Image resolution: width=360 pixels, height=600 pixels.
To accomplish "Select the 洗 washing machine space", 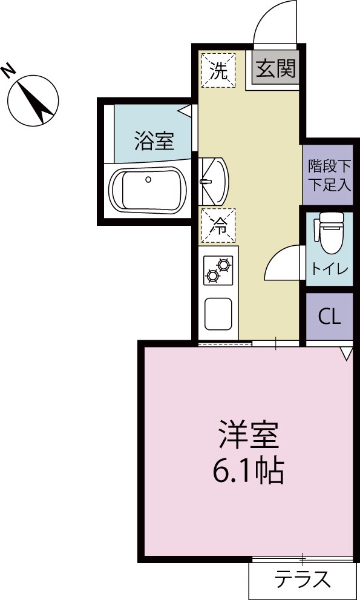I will point(218,71).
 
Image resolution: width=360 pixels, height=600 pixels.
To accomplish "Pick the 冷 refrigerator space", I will point(218,226).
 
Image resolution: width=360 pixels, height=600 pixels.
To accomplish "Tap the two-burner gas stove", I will point(218,270).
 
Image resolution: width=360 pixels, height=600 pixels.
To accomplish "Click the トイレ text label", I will point(329,269).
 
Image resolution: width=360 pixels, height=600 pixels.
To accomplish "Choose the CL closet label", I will point(329,317).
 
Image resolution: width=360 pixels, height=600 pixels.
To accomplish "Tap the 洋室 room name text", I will point(247,434).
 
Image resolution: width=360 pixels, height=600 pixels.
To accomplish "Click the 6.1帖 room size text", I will point(248,470).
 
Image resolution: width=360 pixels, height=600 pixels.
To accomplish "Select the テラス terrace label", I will point(303,580).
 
